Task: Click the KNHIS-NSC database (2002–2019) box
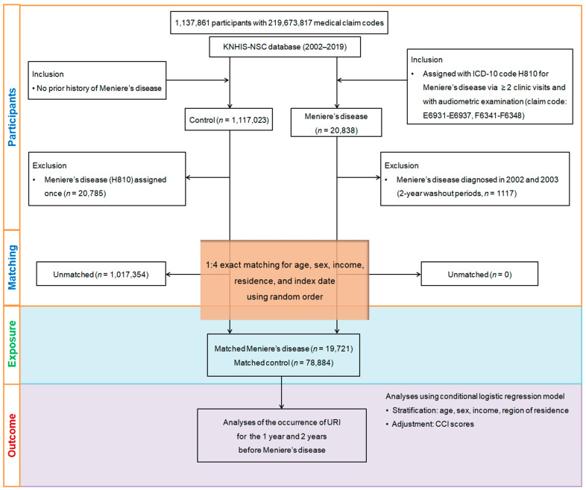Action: pyautogui.click(x=285, y=47)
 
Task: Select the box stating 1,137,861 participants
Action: pyautogui.click(x=279, y=23)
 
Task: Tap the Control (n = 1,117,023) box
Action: pyautogui.click(x=229, y=120)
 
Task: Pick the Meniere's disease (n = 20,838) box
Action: pyautogui.click(x=336, y=123)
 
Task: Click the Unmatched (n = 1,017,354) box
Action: pyautogui.click(x=101, y=274)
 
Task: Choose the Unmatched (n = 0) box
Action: pyautogui.click(x=479, y=274)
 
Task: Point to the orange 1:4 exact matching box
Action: pyautogui.click(x=285, y=280)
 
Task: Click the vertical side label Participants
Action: pyautogui.click(x=12, y=117)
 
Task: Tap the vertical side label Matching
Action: pyautogui.click(x=12, y=267)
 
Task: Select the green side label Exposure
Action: pyautogui.click(x=12, y=344)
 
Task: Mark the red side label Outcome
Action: pyautogui.click(x=12, y=435)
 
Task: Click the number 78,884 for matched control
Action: pyautogui.click(x=319, y=363)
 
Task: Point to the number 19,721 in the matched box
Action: pyautogui.click(x=338, y=349)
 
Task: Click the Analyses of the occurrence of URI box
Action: pyautogui.click(x=282, y=436)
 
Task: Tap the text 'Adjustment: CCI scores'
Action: pyautogui.click(x=432, y=424)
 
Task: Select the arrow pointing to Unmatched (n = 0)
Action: pyautogui.click(x=395, y=274)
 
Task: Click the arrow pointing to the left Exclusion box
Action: pyautogui.click(x=208, y=177)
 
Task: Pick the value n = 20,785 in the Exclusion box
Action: pyautogui.click(x=85, y=194)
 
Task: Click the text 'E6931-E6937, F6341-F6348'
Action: pyautogui.click(x=474, y=115)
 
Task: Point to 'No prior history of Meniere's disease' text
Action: pyautogui.click(x=99, y=88)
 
